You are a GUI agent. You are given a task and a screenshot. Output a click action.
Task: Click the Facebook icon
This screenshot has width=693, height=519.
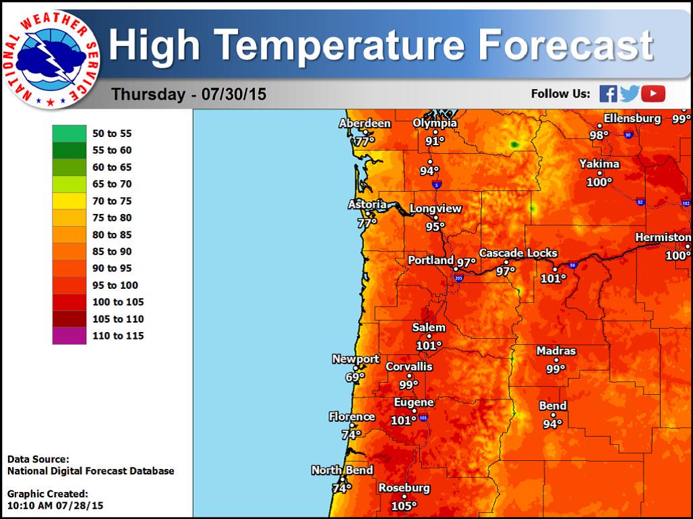(608, 94)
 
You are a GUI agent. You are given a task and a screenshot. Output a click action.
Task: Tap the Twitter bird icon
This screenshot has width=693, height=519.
(630, 94)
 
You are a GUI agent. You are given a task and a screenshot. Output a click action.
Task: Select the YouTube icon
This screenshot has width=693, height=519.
(653, 94)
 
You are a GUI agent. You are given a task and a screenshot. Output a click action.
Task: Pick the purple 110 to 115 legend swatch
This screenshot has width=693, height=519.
(69, 335)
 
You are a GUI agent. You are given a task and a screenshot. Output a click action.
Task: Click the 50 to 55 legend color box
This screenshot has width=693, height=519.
(69, 134)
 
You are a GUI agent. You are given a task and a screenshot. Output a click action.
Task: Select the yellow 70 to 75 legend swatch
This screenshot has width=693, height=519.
(69, 201)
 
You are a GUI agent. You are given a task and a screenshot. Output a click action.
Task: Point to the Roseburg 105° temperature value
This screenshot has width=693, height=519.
(404, 506)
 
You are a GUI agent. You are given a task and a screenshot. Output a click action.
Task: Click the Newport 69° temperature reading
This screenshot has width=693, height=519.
(355, 377)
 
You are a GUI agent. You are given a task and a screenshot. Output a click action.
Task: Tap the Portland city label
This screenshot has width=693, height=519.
(431, 261)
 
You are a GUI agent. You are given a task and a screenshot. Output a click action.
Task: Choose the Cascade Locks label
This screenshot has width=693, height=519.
(518, 254)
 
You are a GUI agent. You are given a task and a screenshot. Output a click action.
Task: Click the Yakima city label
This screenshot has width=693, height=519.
(599, 164)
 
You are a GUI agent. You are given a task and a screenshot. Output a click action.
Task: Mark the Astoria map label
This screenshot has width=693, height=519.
(367, 204)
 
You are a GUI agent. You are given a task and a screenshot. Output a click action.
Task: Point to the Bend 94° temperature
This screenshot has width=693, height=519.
(553, 424)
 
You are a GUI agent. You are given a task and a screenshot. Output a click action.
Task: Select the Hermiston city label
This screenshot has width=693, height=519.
(663, 238)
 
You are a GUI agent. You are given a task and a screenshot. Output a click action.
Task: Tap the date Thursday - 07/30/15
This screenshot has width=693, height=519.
(189, 94)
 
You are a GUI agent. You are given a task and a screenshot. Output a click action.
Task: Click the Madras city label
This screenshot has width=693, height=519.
(556, 351)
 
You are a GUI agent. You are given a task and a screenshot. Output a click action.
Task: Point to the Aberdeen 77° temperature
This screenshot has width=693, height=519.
(365, 141)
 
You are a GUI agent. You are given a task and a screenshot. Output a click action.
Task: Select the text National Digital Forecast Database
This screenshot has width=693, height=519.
(90, 471)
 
